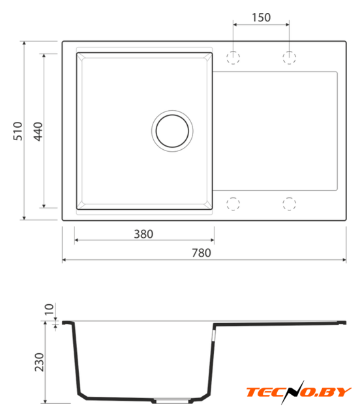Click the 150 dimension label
click(x=261, y=18)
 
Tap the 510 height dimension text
click(x=18, y=131)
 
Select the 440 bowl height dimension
click(x=38, y=132)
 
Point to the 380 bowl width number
click(x=143, y=234)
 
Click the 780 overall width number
click(x=202, y=253)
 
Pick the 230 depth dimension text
click(x=39, y=362)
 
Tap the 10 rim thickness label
click(x=50, y=309)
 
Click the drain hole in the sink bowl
click(x=172, y=131)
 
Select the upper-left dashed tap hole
click(x=233, y=57)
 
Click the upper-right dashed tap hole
click(x=289, y=57)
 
